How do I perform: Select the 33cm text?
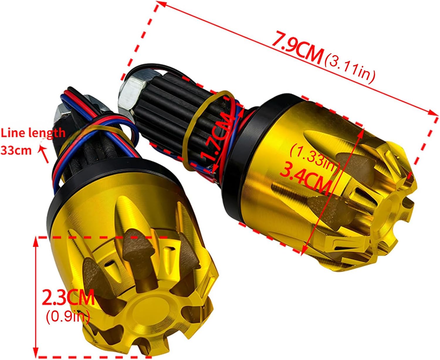point(16,150)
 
